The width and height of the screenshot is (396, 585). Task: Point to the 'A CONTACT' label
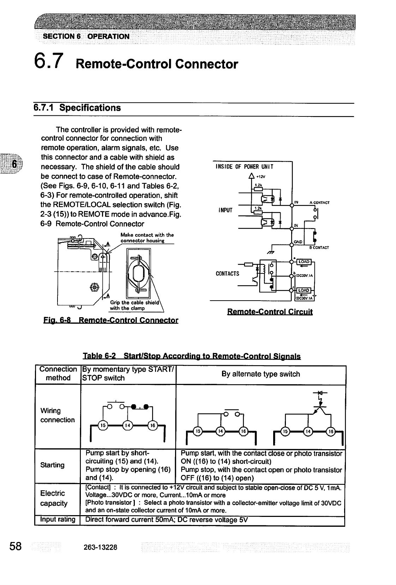tap(319, 203)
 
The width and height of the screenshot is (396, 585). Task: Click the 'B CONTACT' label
tap(319, 247)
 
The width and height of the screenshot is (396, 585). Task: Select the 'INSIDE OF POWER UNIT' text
tap(244, 167)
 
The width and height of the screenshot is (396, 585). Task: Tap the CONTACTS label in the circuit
tap(227, 273)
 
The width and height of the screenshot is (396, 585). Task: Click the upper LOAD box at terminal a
tap(304, 261)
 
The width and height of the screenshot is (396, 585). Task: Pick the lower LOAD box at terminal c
tap(304, 290)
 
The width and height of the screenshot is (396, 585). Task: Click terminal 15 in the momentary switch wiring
tap(102, 425)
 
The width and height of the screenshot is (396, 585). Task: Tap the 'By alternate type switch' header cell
tap(260, 374)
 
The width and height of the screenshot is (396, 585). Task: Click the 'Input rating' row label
tap(58, 519)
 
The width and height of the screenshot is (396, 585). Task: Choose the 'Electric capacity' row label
tap(54, 498)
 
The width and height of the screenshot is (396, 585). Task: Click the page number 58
tap(16, 547)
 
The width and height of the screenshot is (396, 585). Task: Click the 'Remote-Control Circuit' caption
tap(270, 312)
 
